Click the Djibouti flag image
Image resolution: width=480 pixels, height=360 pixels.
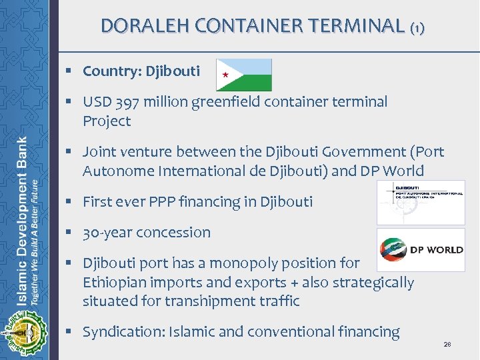[244, 75]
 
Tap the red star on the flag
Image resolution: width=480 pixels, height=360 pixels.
[225, 75]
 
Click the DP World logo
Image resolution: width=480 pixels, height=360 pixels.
[421, 250]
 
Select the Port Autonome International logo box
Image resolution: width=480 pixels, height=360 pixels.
[421, 203]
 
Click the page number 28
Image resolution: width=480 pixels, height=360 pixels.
[447, 345]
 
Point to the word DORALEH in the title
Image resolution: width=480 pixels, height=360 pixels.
[137, 26]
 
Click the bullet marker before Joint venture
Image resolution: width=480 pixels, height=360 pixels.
[69, 153]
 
